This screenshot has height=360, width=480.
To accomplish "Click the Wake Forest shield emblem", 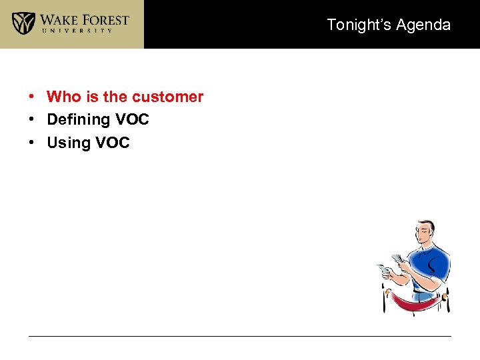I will click(24, 23).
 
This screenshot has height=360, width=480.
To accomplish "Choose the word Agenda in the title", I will click(423, 25).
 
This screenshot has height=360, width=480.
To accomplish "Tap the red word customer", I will click(167, 97).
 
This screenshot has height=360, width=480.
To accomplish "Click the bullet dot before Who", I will click(32, 97).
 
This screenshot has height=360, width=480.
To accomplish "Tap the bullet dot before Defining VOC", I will click(32, 120).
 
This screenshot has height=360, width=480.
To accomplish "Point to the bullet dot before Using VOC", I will click(32, 143).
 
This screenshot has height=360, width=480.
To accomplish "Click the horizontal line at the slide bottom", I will click(240, 336).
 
